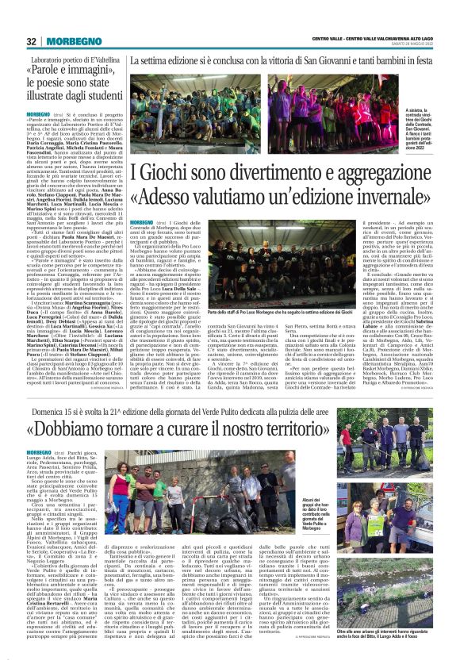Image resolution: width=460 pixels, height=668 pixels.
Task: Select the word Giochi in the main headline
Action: pyautogui.click(x=163, y=172)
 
